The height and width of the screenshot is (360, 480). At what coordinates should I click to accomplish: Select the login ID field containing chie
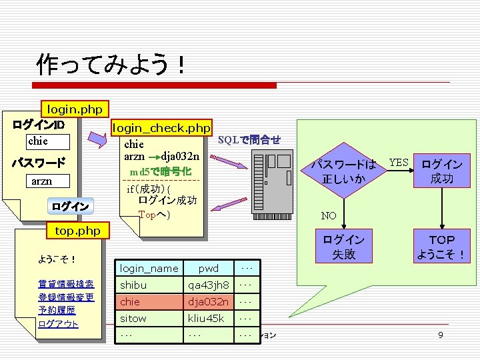[47, 141]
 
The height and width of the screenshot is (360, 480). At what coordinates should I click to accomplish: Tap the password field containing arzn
[47, 181]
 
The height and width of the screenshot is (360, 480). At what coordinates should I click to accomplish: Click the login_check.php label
[161, 127]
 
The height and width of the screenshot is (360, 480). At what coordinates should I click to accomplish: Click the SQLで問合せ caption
[249, 140]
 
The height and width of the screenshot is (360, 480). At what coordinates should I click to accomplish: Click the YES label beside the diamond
[399, 163]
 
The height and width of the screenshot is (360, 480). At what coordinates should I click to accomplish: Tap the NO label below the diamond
[329, 216]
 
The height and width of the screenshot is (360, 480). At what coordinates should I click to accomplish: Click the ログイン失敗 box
[344, 247]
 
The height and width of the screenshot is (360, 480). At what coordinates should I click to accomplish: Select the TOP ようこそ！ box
[441, 247]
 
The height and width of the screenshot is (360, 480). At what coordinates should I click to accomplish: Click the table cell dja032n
[208, 302]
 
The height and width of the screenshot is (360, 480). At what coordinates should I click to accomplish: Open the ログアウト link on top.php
[59, 324]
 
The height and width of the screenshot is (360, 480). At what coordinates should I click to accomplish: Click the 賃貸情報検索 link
[66, 284]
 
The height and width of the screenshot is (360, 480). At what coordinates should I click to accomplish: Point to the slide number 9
[440, 335]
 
